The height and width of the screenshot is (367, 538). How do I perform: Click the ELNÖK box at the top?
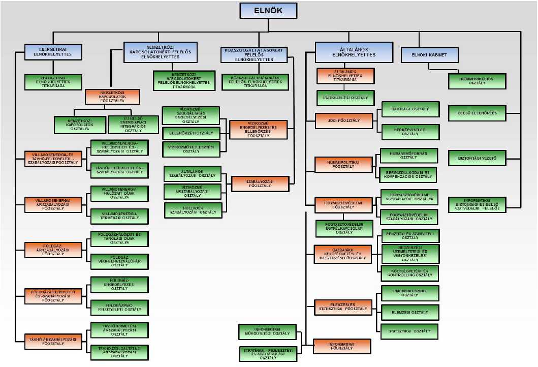(x=268, y=11)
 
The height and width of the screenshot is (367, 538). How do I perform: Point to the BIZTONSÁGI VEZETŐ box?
(x=477, y=159)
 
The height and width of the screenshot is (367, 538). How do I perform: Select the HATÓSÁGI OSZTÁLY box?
(x=410, y=109)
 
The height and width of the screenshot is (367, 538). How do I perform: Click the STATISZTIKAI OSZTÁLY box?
(x=409, y=331)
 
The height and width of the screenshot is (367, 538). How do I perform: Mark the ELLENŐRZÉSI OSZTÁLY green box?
(x=191, y=134)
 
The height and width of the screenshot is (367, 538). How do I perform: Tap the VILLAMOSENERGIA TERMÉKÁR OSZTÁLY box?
(x=119, y=216)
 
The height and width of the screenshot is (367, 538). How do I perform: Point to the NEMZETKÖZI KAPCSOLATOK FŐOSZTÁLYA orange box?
(x=112, y=97)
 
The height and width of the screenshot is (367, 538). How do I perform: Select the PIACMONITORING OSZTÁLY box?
(x=409, y=293)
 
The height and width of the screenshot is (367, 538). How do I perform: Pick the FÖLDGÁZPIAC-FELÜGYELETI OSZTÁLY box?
(x=119, y=307)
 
